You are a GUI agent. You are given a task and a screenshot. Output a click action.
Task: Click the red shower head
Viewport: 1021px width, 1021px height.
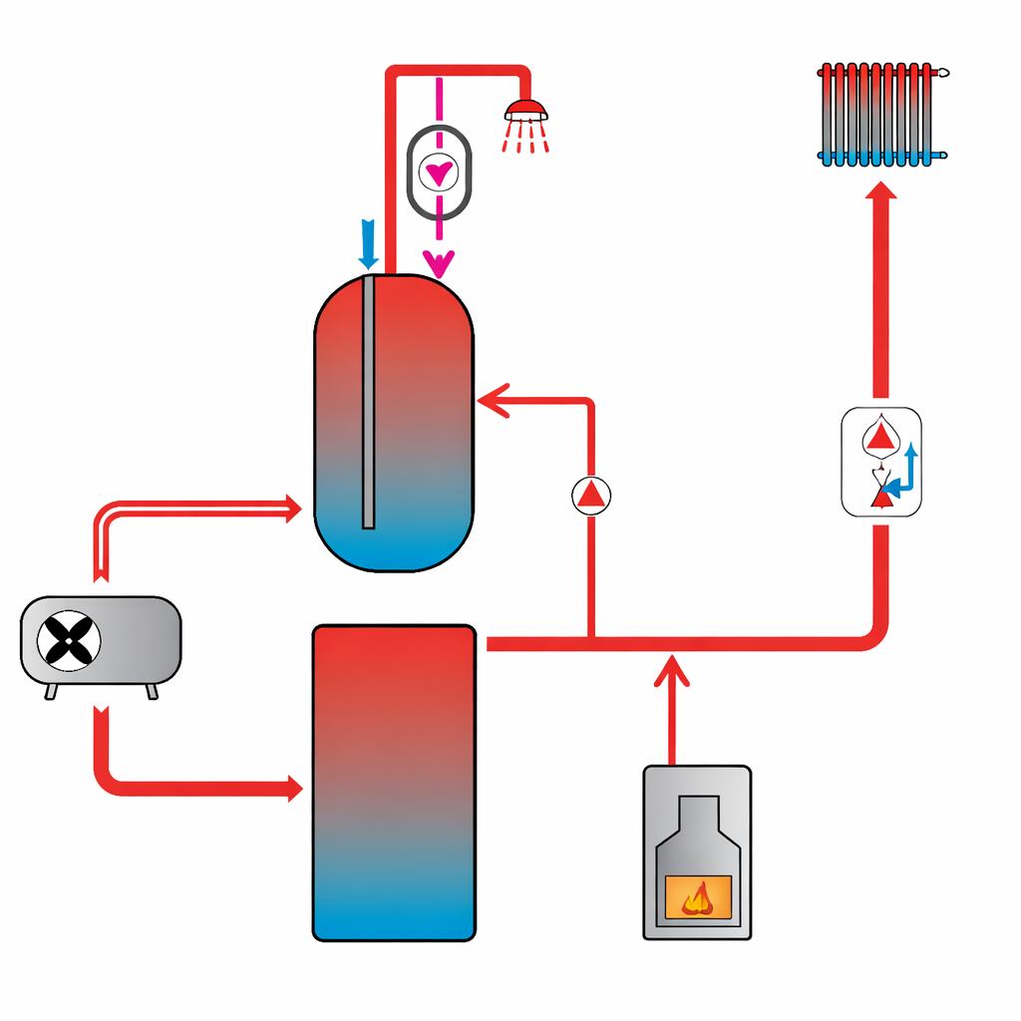525,110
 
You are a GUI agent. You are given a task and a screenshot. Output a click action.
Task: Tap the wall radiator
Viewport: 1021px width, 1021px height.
881,114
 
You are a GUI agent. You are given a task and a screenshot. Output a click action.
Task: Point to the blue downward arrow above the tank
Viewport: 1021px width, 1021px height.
369,243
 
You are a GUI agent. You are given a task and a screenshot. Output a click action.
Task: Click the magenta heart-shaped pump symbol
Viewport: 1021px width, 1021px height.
438,172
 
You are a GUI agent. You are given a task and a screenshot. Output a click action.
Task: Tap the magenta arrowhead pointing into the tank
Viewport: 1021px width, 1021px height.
438,263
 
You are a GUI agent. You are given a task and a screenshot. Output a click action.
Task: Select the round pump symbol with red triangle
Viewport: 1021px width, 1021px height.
591,495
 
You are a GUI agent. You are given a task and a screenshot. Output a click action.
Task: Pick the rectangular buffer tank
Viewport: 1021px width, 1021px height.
394,783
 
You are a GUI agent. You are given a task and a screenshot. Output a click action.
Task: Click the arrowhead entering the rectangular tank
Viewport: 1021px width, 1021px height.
295,788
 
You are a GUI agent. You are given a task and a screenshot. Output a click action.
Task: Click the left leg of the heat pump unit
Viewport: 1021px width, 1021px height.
51,691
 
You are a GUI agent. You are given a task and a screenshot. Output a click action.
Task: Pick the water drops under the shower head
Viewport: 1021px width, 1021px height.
526,139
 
